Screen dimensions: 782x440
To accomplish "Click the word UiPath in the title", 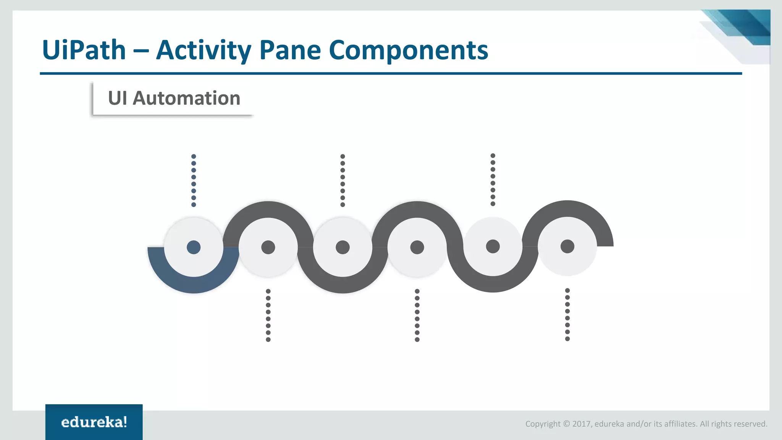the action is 84,50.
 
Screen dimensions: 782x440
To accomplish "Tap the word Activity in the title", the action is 204,50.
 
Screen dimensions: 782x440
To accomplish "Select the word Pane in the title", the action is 290,50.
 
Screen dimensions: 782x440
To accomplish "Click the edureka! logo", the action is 94,422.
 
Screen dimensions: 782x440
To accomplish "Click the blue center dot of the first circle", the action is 194,247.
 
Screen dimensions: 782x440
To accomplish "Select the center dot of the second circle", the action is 268,247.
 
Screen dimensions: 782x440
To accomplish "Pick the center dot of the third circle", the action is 343,247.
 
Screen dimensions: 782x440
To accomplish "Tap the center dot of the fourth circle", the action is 417,247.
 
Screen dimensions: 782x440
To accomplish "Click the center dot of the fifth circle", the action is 493,246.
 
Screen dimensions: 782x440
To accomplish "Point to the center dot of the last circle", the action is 567,246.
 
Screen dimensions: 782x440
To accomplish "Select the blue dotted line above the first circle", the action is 194,181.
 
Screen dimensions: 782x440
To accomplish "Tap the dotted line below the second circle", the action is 268,315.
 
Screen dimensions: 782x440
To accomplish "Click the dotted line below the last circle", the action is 567,314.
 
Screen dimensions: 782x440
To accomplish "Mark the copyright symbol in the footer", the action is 566,424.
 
